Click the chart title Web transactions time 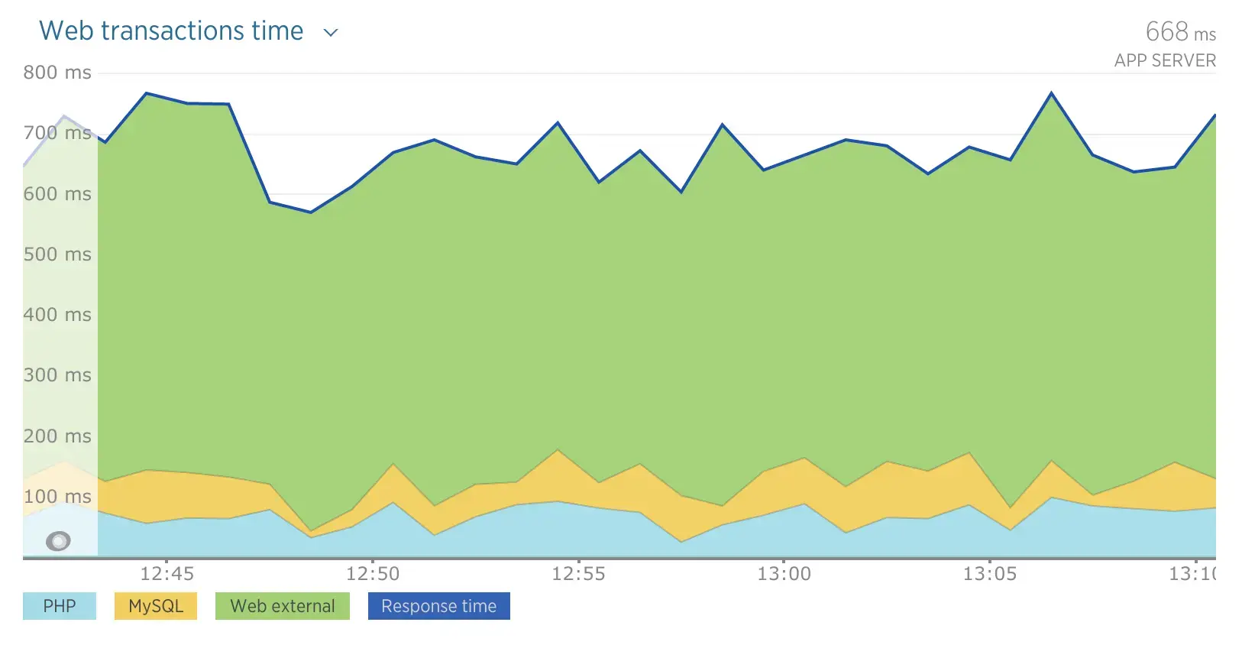click(171, 31)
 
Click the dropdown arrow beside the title click(331, 33)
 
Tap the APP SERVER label click(1164, 60)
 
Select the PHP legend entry click(60, 606)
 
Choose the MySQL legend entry click(156, 606)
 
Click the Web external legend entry click(283, 606)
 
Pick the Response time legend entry click(438, 606)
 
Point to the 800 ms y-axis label click(57, 73)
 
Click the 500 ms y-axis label click(57, 254)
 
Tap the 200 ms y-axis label click(57, 436)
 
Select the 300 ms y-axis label click(57, 375)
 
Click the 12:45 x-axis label click(167, 574)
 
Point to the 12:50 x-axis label click(373, 574)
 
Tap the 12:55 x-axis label click(578, 574)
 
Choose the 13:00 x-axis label click(784, 574)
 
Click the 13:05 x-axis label click(990, 574)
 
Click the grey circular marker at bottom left click(58, 541)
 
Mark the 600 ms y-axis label click(57, 194)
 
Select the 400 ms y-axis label click(57, 315)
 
